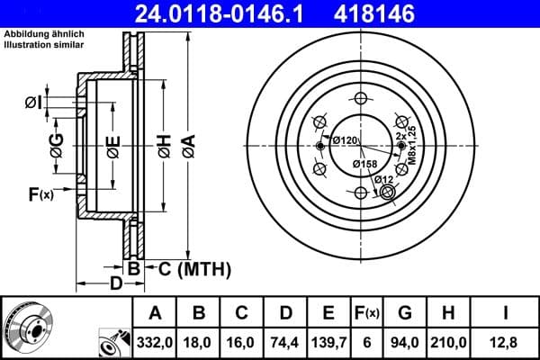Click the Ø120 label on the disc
[x=345, y=140]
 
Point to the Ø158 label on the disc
[x=364, y=164]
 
